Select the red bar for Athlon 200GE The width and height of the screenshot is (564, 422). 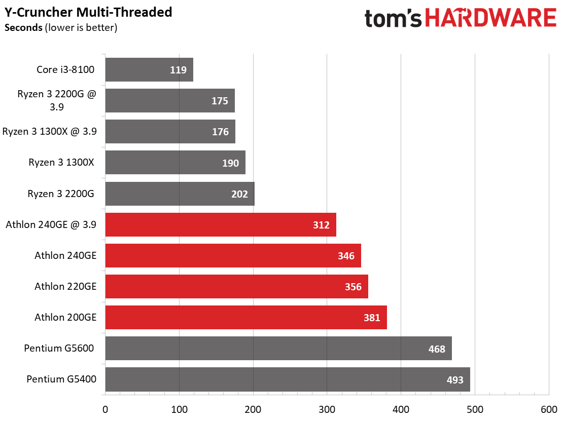coord(246,318)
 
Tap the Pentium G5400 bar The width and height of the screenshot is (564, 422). coord(287,379)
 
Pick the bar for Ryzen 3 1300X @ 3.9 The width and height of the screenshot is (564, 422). coord(170,132)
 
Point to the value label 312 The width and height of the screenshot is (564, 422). coord(321,225)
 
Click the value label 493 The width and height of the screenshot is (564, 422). coord(455,379)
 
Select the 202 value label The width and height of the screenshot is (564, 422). coord(239,194)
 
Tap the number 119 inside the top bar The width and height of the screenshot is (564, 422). coord(178,70)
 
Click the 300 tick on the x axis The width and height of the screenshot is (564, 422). coord(327,410)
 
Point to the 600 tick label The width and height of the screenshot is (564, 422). coord(549,410)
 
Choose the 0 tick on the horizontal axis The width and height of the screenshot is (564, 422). coord(105,410)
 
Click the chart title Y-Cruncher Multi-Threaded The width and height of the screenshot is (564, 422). coord(88,12)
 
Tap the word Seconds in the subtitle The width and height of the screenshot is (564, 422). coord(23,27)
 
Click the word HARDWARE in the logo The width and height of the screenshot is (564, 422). coord(490,18)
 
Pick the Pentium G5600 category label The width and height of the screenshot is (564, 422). coord(60,349)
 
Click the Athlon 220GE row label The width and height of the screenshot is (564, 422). coord(65,287)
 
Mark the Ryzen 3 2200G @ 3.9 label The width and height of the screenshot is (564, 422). coord(56,100)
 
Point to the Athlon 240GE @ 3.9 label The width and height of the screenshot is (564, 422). coord(51,225)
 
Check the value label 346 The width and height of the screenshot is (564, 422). coord(346,256)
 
